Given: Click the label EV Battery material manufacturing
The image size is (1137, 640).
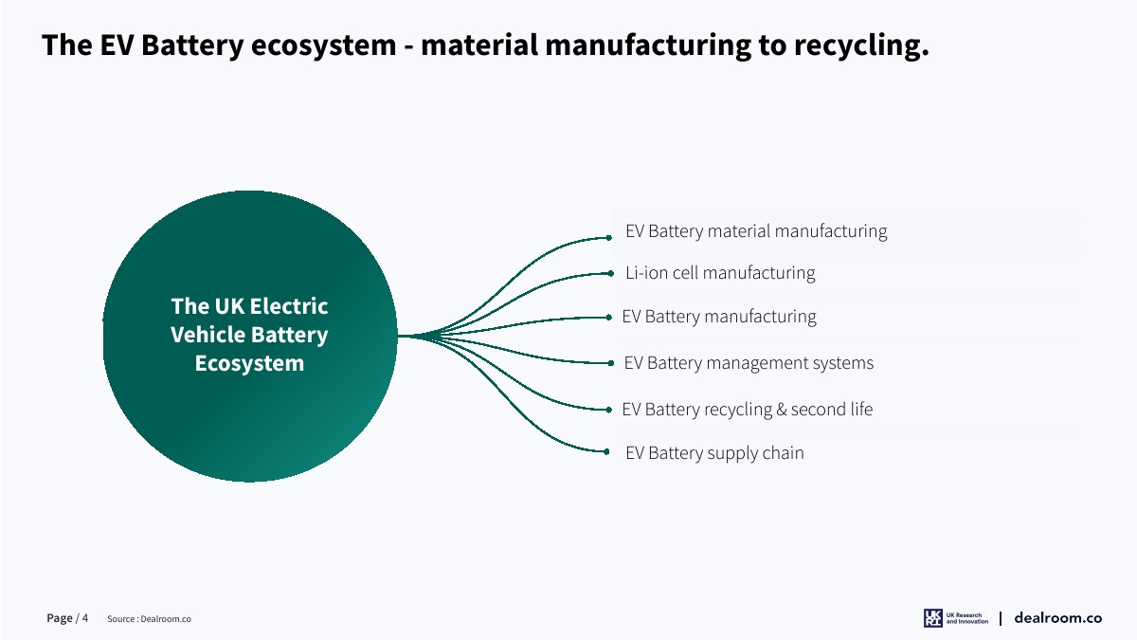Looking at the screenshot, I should click(756, 231).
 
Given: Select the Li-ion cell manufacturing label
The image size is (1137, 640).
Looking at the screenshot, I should click(720, 273).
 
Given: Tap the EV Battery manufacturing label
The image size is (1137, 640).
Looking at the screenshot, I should click(719, 317).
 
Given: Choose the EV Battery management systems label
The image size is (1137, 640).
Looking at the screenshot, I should click(749, 363).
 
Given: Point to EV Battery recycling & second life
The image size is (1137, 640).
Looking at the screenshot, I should click(748, 410).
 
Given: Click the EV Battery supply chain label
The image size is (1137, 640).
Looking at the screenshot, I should click(714, 453).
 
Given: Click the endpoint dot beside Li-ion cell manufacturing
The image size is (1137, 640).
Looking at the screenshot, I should click(612, 273).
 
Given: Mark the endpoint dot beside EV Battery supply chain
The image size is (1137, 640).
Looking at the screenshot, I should click(607, 451).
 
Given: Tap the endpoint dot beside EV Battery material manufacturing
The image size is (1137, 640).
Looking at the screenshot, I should click(609, 238).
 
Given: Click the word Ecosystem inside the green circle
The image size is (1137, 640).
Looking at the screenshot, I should click(249, 363).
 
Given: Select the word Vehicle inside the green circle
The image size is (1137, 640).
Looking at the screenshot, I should click(208, 335).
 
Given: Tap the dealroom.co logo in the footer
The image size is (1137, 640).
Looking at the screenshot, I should click(1057, 618).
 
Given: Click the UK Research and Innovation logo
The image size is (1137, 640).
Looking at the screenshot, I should click(956, 618).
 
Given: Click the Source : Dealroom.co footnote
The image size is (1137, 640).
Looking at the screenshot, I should click(149, 619).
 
